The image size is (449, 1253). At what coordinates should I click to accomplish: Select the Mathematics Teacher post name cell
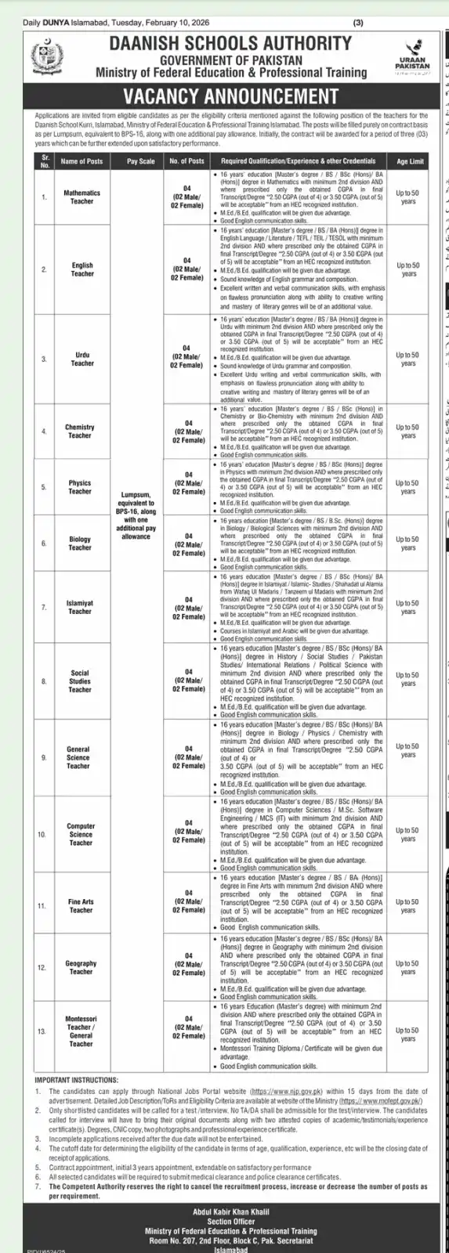[81, 197]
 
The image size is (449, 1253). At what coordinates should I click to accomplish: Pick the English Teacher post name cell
[81, 269]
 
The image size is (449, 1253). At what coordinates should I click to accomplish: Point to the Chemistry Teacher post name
[80, 432]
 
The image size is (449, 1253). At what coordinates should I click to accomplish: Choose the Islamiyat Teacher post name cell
[80, 607]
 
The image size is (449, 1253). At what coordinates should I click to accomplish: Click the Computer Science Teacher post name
[81, 834]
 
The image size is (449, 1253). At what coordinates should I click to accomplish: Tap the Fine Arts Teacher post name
[81, 906]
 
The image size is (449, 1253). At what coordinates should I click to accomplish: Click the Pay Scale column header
[141, 161]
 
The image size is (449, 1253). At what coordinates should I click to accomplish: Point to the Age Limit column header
[410, 161]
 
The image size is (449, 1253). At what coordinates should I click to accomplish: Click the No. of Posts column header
[186, 161]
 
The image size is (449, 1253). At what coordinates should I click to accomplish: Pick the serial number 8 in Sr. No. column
[45, 681]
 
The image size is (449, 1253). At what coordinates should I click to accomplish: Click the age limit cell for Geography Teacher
[407, 968]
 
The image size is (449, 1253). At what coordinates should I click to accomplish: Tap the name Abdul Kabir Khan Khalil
[224, 1211]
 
